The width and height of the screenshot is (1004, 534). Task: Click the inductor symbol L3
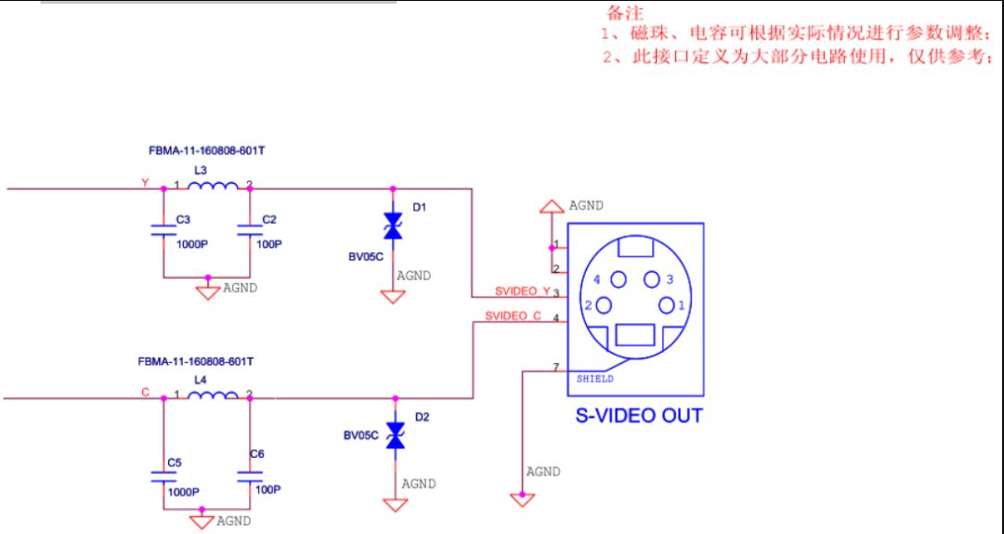click(x=213, y=186)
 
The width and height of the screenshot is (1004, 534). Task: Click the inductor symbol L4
click(x=213, y=396)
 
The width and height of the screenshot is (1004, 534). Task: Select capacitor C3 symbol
click(x=163, y=230)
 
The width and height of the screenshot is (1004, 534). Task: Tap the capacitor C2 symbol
click(x=249, y=230)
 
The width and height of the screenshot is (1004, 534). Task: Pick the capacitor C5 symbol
click(x=163, y=476)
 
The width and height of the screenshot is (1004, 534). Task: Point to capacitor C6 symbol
click(x=249, y=476)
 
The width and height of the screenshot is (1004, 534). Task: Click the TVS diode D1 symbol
click(x=393, y=226)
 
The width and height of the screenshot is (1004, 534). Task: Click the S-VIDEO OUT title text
click(x=639, y=415)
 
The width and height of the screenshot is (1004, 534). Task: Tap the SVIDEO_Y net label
click(x=523, y=292)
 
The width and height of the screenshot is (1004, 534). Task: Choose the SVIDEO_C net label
click(x=513, y=317)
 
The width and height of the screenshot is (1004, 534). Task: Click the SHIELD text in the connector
click(x=594, y=379)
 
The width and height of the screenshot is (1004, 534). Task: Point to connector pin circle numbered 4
click(x=619, y=280)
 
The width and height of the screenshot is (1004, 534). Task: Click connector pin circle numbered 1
click(x=667, y=306)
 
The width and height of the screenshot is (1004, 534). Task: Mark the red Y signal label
click(x=145, y=183)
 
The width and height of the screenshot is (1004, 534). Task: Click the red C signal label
click(x=145, y=392)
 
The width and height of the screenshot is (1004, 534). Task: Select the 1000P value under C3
click(x=192, y=244)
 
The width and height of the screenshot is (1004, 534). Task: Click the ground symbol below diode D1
click(x=393, y=296)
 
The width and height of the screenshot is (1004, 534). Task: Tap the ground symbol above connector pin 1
click(x=552, y=206)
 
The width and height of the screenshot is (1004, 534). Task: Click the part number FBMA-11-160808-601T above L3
click(x=207, y=151)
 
